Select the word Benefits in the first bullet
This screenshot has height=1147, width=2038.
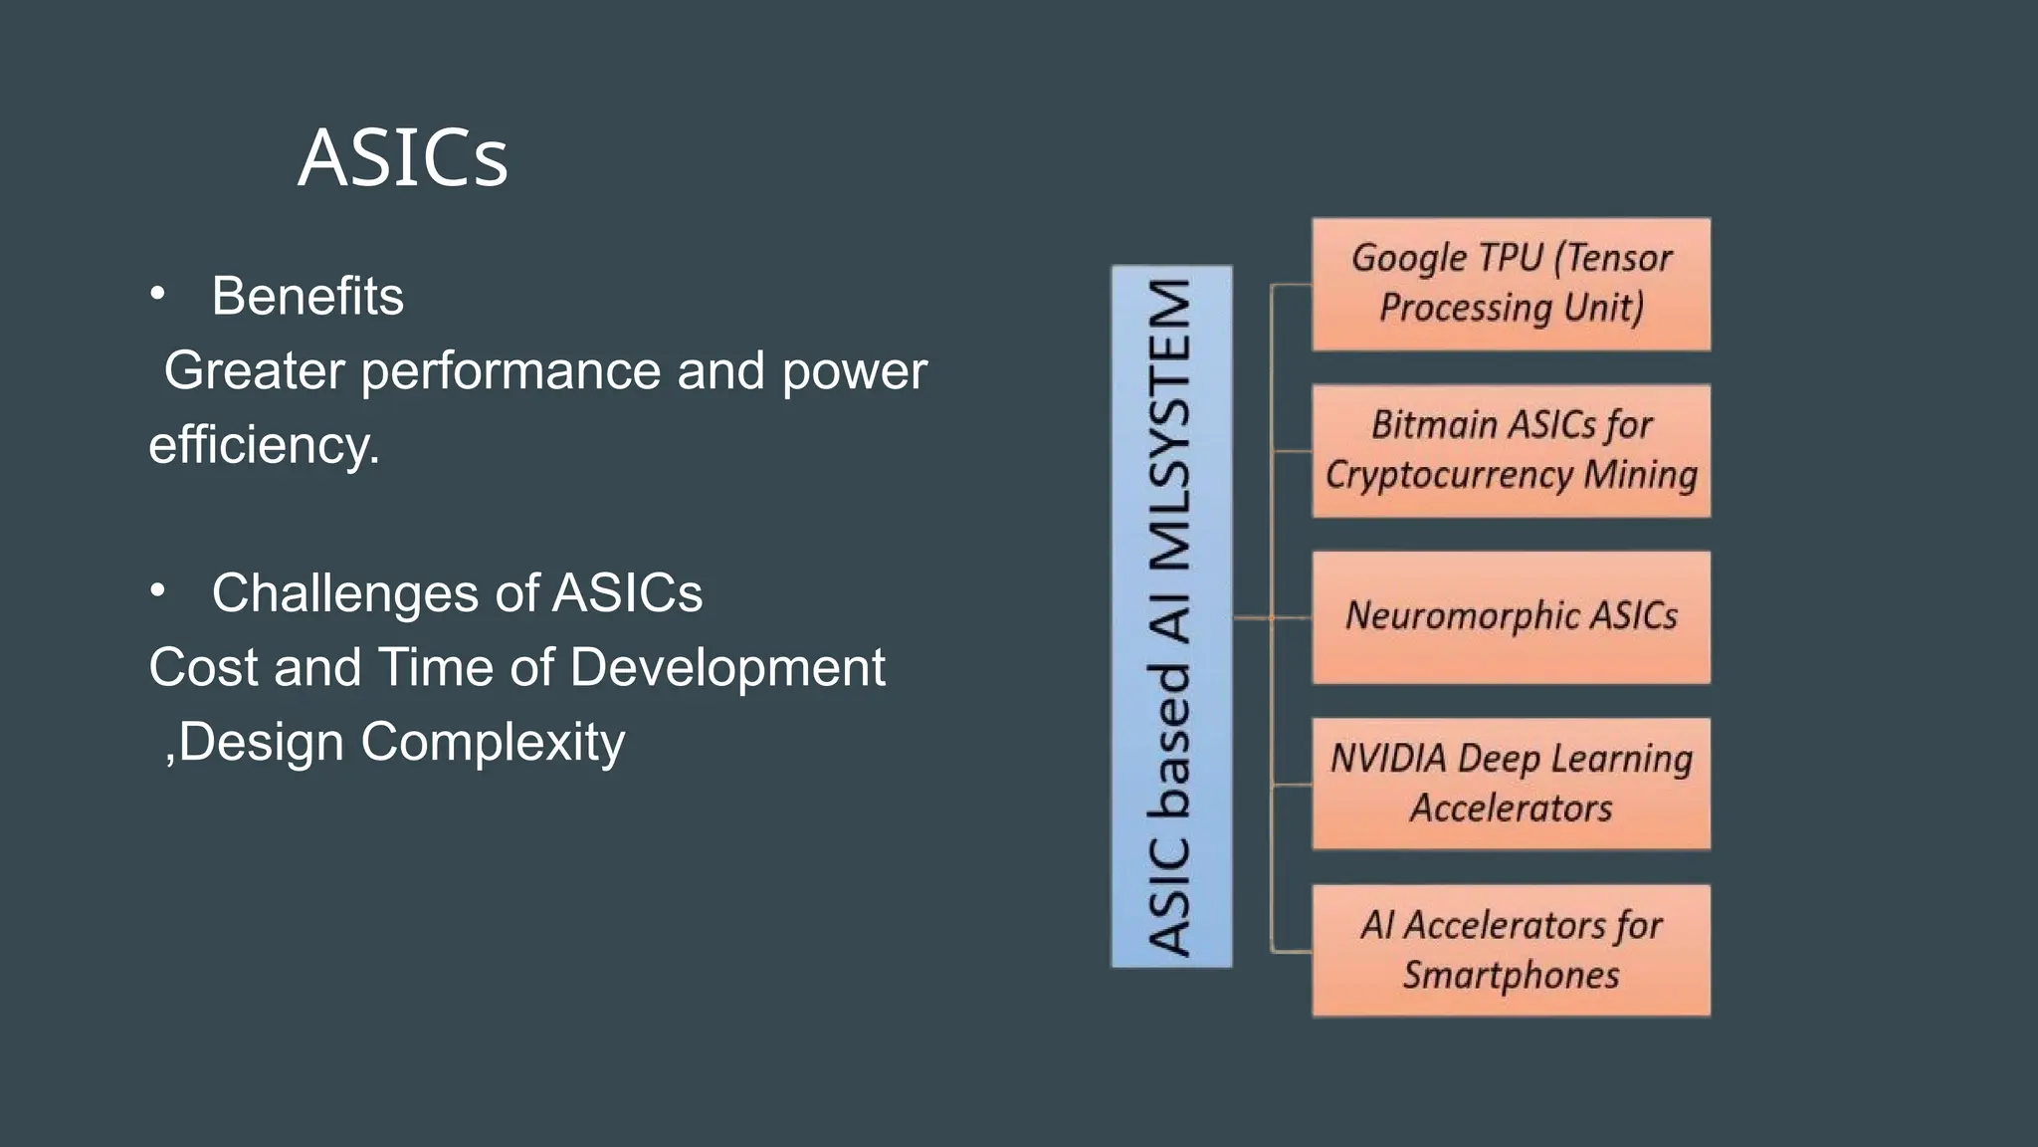pyautogui.click(x=307, y=296)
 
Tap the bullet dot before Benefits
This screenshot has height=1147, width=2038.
pyautogui.click(x=157, y=294)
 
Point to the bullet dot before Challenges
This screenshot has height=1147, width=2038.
pyautogui.click(x=157, y=590)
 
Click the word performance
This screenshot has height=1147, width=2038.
pyautogui.click(x=510, y=371)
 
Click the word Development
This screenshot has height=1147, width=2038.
pyautogui.click(x=727, y=667)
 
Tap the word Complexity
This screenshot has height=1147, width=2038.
pyautogui.click(x=493, y=742)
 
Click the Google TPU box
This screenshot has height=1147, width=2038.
pyautogui.click(x=1511, y=284)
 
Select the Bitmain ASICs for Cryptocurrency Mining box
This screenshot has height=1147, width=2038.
pyautogui.click(x=1511, y=450)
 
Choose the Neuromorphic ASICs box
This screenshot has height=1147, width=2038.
pyautogui.click(x=1511, y=616)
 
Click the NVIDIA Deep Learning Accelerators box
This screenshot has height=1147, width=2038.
pyautogui.click(x=1511, y=784)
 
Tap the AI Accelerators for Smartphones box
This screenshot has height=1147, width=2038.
pyautogui.click(x=1511, y=950)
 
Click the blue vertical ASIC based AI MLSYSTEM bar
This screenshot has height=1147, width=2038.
pyautogui.click(x=1171, y=616)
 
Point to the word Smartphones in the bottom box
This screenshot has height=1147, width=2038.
pyautogui.click(x=1511, y=975)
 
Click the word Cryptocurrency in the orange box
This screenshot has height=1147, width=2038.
pyautogui.click(x=1449, y=475)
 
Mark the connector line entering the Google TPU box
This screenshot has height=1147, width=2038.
pyautogui.click(x=1292, y=285)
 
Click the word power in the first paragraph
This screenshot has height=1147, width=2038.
pyautogui.click(x=854, y=371)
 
